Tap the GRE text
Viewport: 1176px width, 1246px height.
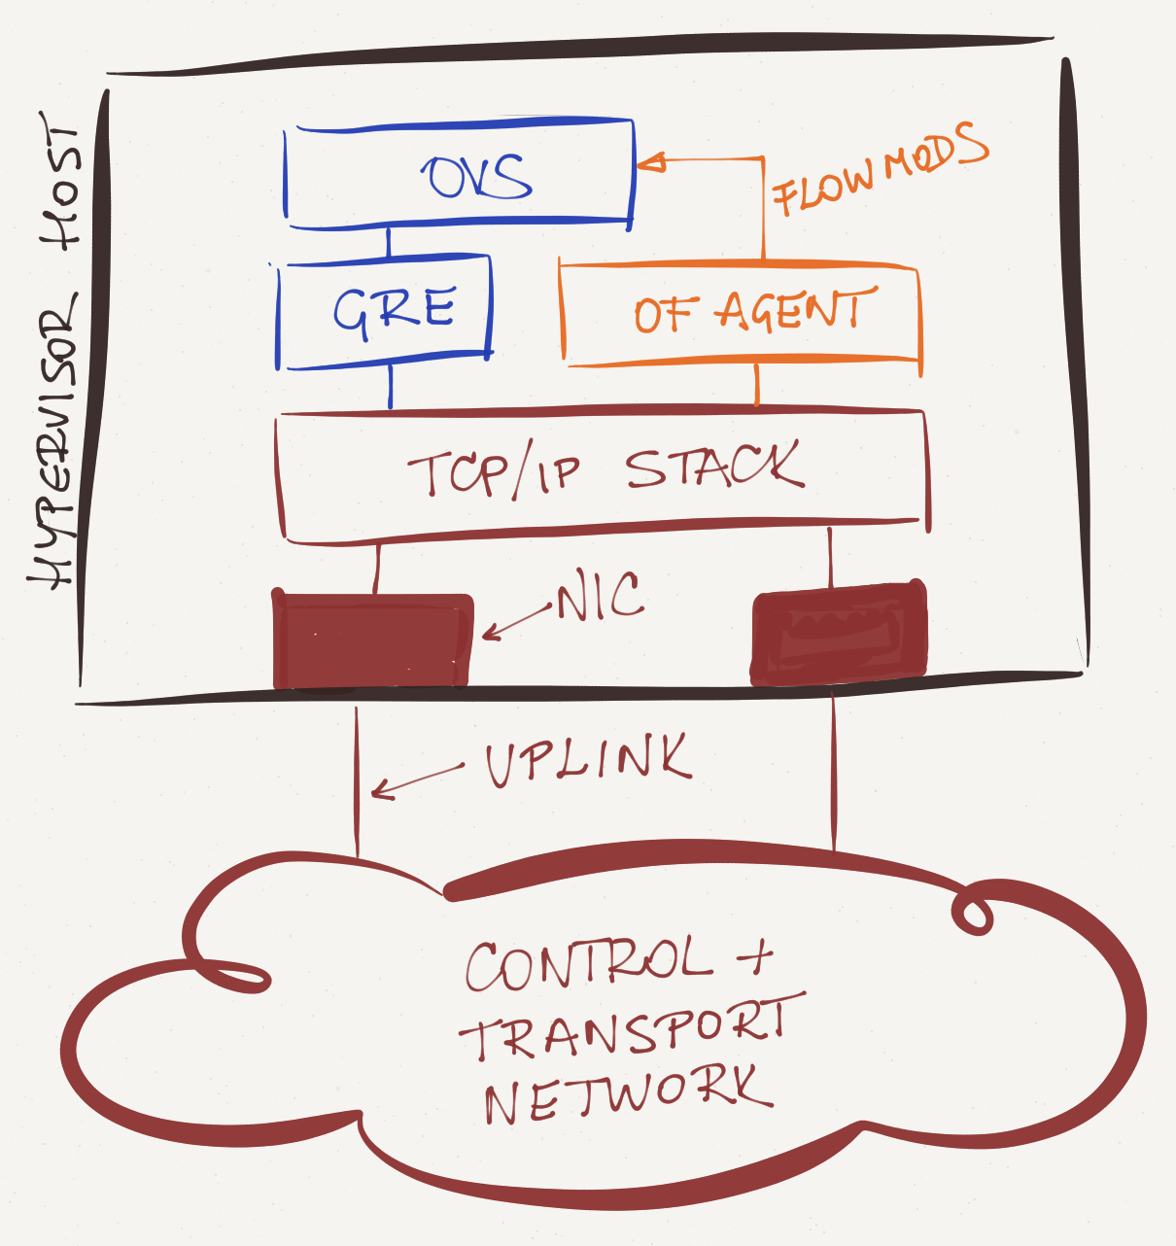pos(394,312)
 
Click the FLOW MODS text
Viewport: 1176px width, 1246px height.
pos(880,168)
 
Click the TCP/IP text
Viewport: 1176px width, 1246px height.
pos(494,469)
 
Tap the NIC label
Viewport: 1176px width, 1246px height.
pos(600,596)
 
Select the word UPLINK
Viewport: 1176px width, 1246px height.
pos(589,761)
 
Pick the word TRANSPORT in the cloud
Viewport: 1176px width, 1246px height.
pos(633,1029)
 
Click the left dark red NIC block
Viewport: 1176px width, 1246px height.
pos(373,640)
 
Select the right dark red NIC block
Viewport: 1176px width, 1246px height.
pos(839,633)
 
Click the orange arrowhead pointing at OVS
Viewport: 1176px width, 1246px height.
pos(649,162)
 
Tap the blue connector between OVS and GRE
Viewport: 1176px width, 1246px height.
pos(389,241)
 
